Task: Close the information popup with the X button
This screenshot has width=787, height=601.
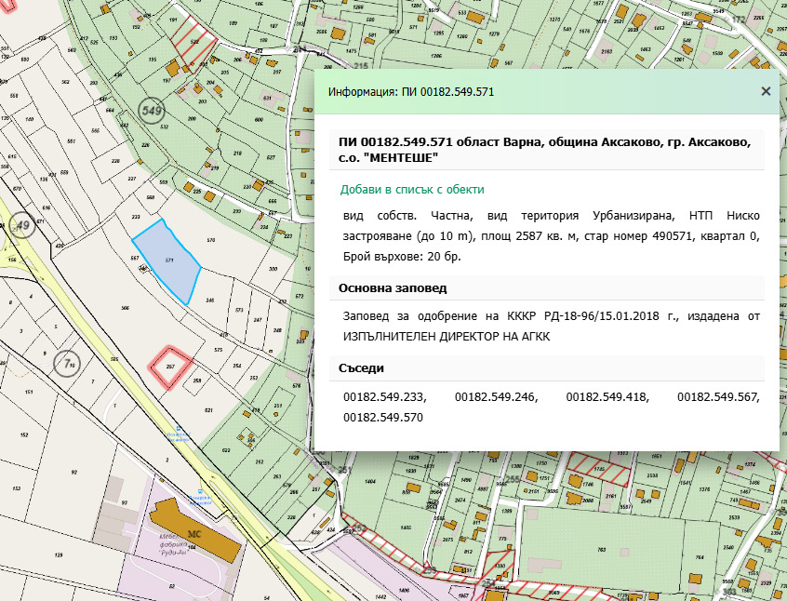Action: point(766,91)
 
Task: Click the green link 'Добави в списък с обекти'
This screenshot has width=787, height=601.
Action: point(412,189)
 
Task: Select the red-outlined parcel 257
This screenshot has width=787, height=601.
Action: point(171,366)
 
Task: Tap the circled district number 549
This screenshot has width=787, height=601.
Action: point(151,111)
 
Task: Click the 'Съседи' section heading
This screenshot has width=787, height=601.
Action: point(364,367)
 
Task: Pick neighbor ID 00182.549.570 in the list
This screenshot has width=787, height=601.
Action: point(383,418)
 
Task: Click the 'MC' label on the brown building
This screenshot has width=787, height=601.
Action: point(194,534)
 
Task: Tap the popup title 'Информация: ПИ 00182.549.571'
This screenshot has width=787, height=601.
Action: point(410,92)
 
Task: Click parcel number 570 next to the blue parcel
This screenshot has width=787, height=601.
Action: point(210,240)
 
